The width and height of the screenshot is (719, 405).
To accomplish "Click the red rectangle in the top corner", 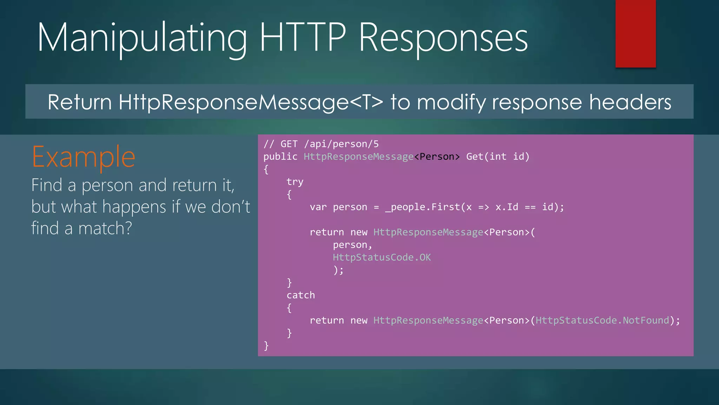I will (x=635, y=33).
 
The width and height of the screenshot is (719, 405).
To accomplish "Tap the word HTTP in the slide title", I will (x=303, y=37).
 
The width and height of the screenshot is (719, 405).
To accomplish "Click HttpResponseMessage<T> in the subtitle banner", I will (x=250, y=102).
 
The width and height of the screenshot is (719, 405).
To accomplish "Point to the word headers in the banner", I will (x=630, y=102).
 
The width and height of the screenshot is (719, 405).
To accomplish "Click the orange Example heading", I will (x=84, y=157).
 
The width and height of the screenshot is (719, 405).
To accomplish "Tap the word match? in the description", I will (x=105, y=228).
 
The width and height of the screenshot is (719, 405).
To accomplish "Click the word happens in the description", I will (x=134, y=207).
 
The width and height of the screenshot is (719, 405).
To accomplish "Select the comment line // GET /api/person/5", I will (x=321, y=144).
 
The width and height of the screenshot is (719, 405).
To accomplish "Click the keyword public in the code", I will (x=280, y=156).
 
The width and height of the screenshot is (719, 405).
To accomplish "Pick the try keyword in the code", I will (x=295, y=182).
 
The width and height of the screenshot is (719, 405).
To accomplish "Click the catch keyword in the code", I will (x=301, y=295).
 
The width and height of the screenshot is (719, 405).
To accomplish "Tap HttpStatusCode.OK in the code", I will (x=382, y=257).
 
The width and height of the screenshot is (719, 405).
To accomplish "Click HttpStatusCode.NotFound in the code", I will (x=602, y=320).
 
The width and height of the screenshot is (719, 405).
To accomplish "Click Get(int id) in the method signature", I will (x=497, y=156).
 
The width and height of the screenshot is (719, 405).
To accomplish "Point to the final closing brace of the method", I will (x=266, y=346).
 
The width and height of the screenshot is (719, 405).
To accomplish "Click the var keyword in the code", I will (x=318, y=207).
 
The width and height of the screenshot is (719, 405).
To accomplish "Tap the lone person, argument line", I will (x=352, y=245).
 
